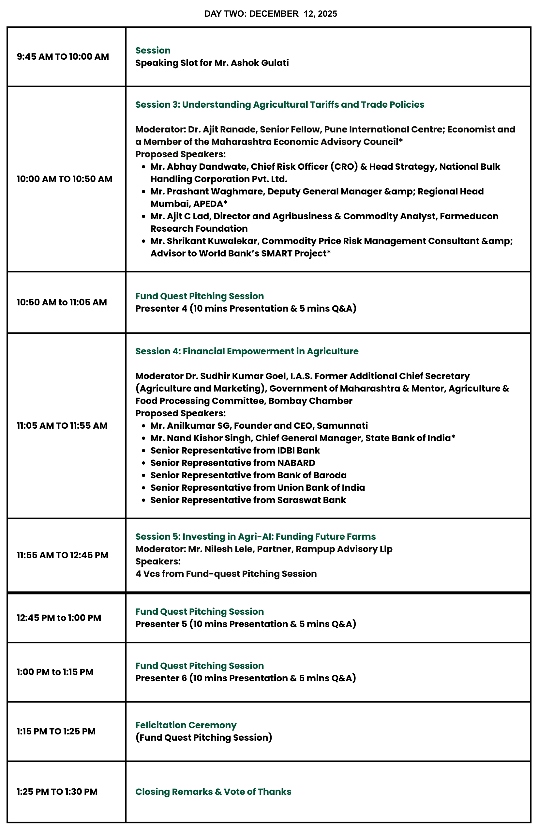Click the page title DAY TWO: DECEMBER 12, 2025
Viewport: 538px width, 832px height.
270,14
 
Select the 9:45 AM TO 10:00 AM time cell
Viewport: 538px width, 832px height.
63,57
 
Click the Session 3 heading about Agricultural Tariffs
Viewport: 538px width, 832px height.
279,104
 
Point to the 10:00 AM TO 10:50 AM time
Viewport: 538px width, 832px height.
64,179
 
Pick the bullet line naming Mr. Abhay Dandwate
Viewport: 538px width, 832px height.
325,167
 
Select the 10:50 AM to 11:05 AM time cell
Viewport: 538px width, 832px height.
62,302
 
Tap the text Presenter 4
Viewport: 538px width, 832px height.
161,309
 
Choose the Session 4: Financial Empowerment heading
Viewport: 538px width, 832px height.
247,351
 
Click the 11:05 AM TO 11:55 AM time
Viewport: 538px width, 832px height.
62,426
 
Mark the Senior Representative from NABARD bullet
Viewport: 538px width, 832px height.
233,463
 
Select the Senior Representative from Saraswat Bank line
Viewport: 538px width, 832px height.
248,500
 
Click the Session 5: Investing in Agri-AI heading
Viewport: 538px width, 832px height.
255,537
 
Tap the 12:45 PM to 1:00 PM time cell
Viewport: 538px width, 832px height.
59,618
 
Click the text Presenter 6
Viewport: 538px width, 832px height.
161,678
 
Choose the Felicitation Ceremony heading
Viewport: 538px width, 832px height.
186,725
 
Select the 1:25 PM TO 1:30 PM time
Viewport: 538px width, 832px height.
57,792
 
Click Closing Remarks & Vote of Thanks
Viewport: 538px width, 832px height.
213,792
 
